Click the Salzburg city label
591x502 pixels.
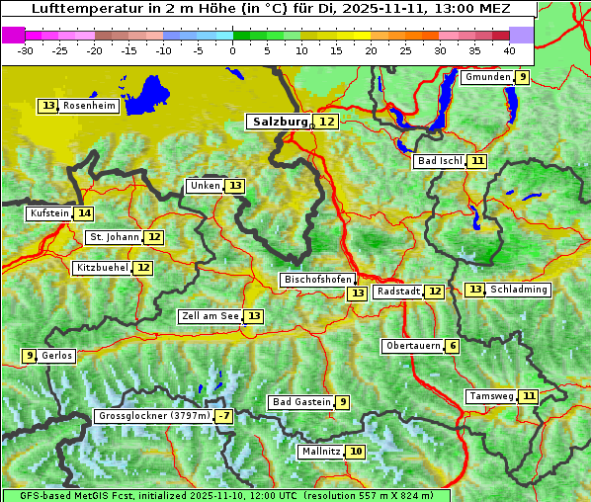(280, 122)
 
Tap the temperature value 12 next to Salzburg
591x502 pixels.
(327, 122)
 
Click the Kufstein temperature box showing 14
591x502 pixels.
(84, 213)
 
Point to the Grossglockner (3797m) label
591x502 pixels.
(154, 416)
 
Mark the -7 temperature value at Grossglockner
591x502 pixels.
(224, 416)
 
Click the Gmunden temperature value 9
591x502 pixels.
(523, 77)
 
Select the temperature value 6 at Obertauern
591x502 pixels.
(452, 346)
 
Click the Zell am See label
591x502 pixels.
(211, 316)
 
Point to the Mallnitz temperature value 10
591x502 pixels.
(356, 452)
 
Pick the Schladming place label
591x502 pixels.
(519, 290)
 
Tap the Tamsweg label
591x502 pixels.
(491, 396)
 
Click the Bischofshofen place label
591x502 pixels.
(317, 280)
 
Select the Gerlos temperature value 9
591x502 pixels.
(30, 356)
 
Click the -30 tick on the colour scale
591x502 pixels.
(26, 49)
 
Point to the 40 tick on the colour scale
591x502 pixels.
(509, 49)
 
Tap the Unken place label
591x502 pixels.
(205, 186)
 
